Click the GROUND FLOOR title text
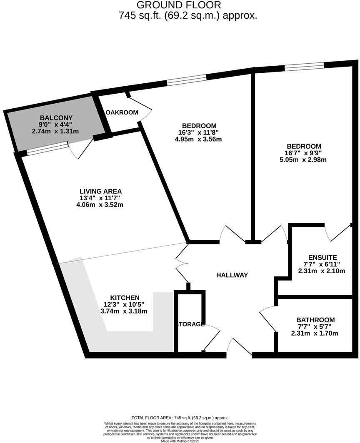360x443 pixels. pos(179,5)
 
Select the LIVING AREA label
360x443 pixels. pos(101,191)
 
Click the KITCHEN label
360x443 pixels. pos(124,298)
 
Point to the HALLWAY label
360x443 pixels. pos(232,275)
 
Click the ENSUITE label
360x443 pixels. pos(322,257)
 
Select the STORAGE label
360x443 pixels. pos(190,324)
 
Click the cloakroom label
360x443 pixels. pos(121,112)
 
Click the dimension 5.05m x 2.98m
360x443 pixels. pos(303,159)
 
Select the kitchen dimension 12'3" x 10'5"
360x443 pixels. pos(124,304)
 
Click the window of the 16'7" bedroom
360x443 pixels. pos(304,66)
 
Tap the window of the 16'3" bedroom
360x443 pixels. pos(186,80)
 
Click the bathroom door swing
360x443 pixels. pos(267,318)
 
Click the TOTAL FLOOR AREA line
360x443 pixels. pos(180,418)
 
